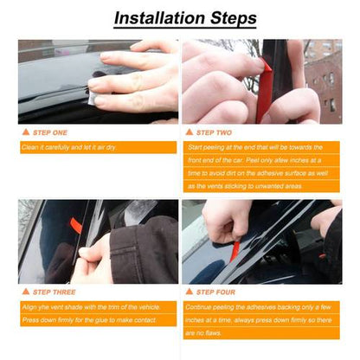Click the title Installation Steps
(185, 18)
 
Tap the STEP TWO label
(215, 133)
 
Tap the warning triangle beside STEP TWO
(190, 133)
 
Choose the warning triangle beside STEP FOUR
(190, 292)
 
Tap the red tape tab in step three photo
(76, 227)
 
